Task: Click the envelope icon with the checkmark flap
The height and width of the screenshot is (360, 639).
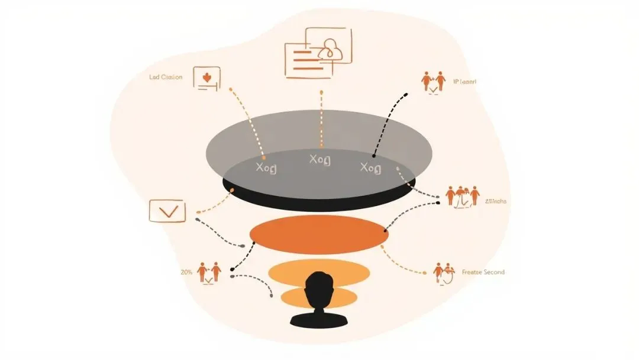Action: click(x=167, y=211)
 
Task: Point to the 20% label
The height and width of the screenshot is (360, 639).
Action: click(x=186, y=272)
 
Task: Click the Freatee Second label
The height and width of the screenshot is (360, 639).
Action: click(x=483, y=272)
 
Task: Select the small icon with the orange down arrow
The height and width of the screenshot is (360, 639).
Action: click(x=206, y=78)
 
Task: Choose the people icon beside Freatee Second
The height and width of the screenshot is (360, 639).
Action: click(x=444, y=272)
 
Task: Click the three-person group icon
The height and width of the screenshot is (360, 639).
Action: click(x=463, y=195)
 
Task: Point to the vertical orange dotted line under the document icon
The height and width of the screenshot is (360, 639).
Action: click(x=321, y=118)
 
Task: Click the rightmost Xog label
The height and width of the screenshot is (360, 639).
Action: click(x=371, y=168)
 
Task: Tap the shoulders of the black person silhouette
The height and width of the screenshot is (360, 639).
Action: click(x=319, y=320)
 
